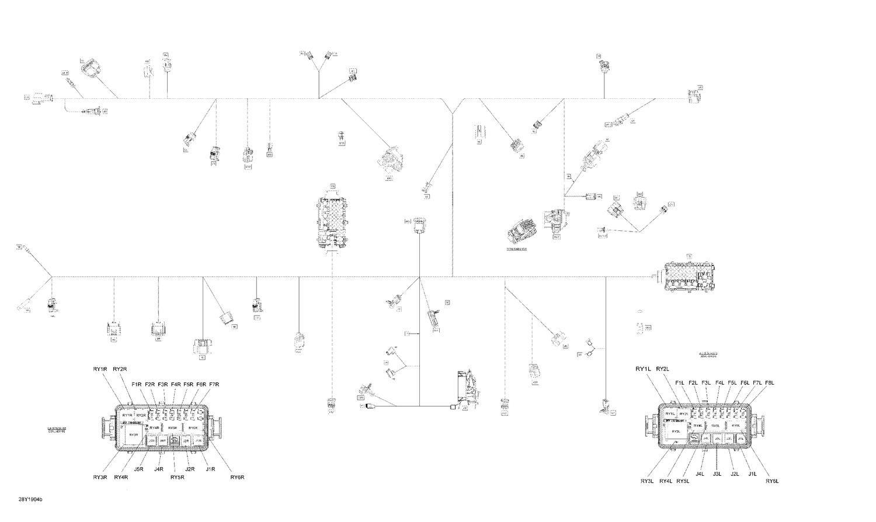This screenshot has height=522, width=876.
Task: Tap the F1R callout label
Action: pyautogui.click(x=137, y=385)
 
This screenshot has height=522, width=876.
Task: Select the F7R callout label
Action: pyautogui.click(x=214, y=385)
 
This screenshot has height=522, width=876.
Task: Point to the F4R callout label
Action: pyautogui.click(x=175, y=385)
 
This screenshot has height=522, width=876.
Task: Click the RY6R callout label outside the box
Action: pyautogui.click(x=237, y=477)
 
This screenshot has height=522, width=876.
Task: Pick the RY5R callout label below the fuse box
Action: pyautogui.click(x=177, y=477)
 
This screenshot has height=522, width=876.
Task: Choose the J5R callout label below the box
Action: pyautogui.click(x=139, y=469)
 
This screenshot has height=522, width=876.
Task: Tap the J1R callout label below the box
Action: pyautogui.click(x=211, y=469)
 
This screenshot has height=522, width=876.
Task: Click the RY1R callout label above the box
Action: pyautogui.click(x=100, y=369)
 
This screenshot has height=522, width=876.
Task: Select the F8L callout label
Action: pyautogui.click(x=769, y=383)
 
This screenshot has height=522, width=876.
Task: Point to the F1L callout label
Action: pyautogui.click(x=680, y=383)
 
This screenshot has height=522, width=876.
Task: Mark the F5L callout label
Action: pyautogui.click(x=732, y=383)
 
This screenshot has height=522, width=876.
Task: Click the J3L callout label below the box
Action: pyautogui.click(x=718, y=474)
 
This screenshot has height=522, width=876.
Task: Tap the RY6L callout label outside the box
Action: pyautogui.click(x=772, y=481)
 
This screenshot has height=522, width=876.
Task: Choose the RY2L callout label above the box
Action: pyautogui.click(x=662, y=369)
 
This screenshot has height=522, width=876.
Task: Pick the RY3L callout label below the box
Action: pyautogui.click(x=646, y=481)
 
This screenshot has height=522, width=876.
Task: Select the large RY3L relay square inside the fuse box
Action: pyautogui.click(x=676, y=431)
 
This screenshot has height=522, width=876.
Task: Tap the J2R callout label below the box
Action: pyautogui.click(x=190, y=469)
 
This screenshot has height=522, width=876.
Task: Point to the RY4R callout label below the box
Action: pyautogui.click(x=121, y=477)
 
